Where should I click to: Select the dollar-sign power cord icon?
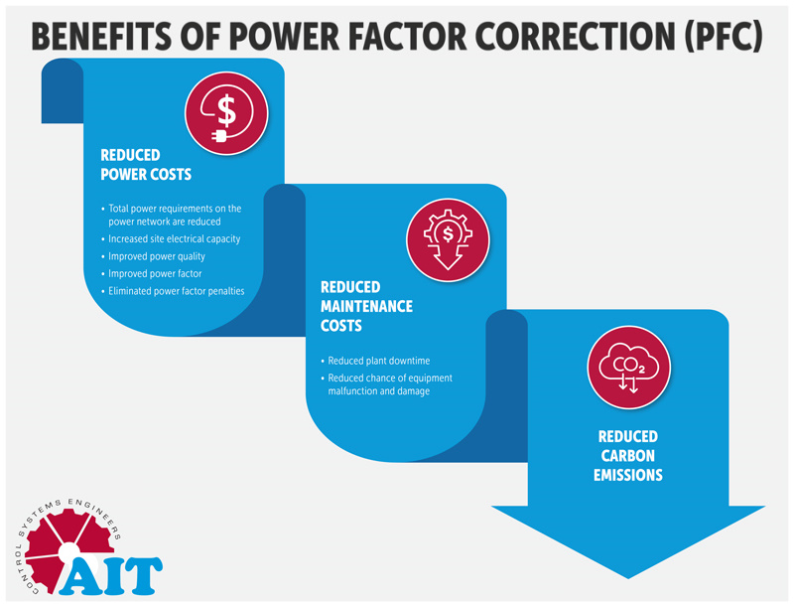click(x=226, y=113)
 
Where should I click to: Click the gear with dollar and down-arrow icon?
click(x=449, y=239)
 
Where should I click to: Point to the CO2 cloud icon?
click(x=629, y=368)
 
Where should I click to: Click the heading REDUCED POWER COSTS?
click(x=146, y=165)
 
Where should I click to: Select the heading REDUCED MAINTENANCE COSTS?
click(x=366, y=306)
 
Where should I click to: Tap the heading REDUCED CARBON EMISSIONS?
click(x=628, y=456)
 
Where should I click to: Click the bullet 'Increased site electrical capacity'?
click(x=175, y=238)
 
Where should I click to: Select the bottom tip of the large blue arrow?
click(x=628, y=578)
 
